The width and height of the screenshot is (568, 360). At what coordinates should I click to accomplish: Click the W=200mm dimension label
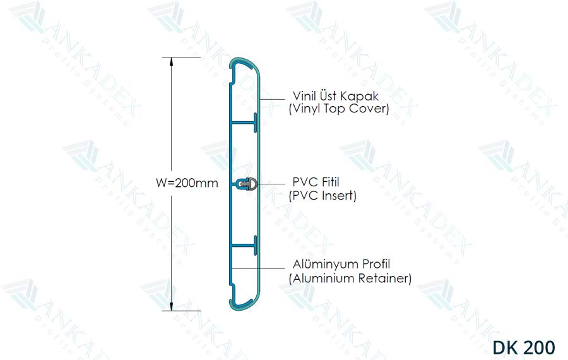(x=187, y=184)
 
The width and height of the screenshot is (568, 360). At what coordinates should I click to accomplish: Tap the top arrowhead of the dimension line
(x=170, y=62)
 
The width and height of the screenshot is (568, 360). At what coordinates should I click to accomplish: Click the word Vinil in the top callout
(x=305, y=96)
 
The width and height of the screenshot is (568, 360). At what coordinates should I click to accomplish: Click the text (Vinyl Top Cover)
(x=338, y=109)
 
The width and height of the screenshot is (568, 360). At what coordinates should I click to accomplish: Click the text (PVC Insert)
(x=322, y=196)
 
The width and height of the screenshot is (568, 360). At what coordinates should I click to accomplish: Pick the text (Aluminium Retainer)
(x=350, y=277)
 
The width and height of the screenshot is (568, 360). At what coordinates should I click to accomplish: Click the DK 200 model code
(x=524, y=347)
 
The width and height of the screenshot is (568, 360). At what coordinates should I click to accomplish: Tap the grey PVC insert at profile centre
(x=252, y=184)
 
